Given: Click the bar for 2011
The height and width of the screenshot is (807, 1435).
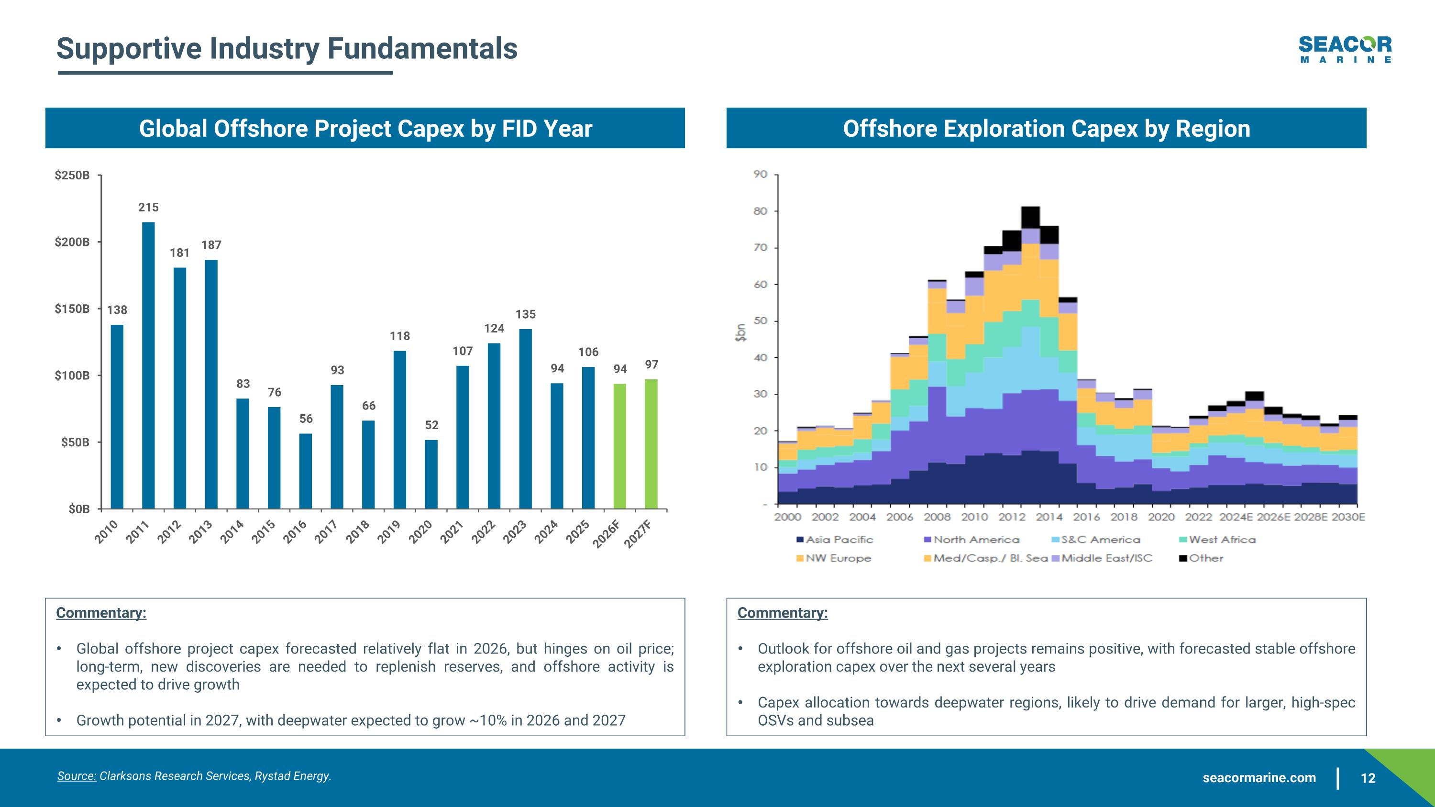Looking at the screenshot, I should pyautogui.click(x=148, y=365).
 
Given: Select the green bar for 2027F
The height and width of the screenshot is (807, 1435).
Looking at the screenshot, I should pyautogui.click(x=651, y=444).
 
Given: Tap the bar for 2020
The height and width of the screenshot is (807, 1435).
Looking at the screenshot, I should pyautogui.click(x=431, y=474).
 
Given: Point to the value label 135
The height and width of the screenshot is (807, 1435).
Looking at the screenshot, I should pyautogui.click(x=525, y=314).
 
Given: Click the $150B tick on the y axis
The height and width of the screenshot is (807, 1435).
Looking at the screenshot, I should pyautogui.click(x=72, y=309).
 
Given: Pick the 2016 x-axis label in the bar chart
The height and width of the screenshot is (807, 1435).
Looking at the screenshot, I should pyautogui.click(x=295, y=531).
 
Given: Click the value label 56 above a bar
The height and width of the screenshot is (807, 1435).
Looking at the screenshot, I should pyautogui.click(x=306, y=418).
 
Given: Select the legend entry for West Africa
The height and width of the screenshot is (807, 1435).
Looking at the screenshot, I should pyautogui.click(x=1222, y=539).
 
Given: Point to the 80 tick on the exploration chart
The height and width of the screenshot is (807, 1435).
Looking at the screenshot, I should pyautogui.click(x=761, y=211).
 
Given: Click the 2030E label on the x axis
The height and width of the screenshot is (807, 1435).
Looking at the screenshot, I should pyautogui.click(x=1348, y=517).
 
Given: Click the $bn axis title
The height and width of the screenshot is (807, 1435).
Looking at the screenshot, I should pyautogui.click(x=740, y=332).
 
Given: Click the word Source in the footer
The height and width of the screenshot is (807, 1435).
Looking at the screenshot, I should pyautogui.click(x=77, y=776).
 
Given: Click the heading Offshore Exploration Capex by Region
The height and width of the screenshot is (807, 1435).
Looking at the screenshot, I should pyautogui.click(x=1046, y=128).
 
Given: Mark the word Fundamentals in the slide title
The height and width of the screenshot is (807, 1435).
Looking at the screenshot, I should pyautogui.click(x=422, y=48).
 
